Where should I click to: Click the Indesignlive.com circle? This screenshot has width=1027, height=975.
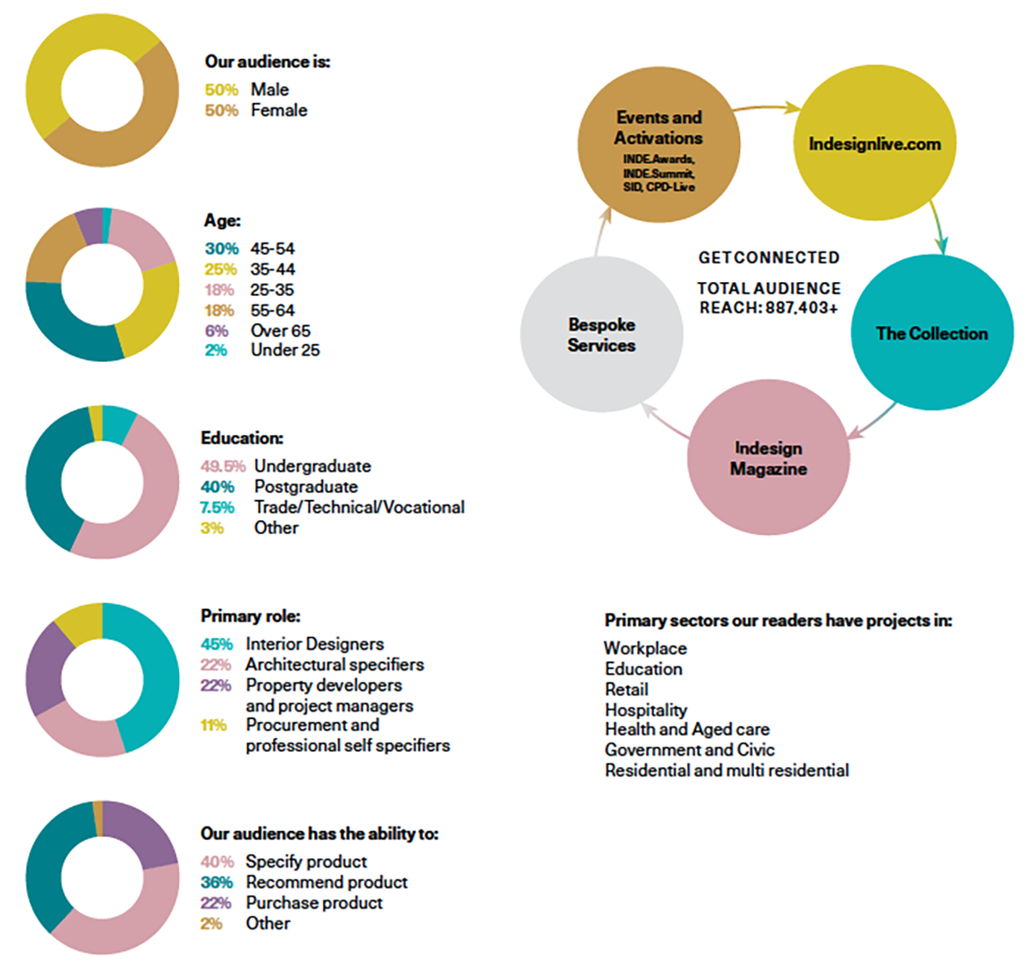pyautogui.click(x=874, y=144)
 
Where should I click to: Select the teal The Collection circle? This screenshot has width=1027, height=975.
pyautogui.click(x=931, y=333)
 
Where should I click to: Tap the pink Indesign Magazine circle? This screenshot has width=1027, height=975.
pyautogui.click(x=768, y=459)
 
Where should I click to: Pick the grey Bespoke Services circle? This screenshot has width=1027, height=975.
pyautogui.click(x=601, y=335)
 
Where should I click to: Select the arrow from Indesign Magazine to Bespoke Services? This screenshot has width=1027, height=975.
pyautogui.click(x=664, y=422)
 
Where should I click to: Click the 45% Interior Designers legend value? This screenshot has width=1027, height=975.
pyautogui.click(x=216, y=644)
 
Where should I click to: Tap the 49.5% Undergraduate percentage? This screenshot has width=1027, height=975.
pyautogui.click(x=222, y=466)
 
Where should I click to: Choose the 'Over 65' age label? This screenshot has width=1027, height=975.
pyautogui.click(x=280, y=331)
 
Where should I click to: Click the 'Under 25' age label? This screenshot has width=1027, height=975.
pyautogui.click(x=285, y=350)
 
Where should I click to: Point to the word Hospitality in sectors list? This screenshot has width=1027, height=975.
pyautogui.click(x=645, y=710)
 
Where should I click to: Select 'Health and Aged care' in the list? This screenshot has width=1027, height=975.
pyautogui.click(x=686, y=729)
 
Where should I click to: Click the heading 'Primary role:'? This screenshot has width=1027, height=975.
pyautogui.click(x=250, y=616)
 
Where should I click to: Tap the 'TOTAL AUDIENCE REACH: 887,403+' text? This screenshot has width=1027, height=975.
pyautogui.click(x=768, y=298)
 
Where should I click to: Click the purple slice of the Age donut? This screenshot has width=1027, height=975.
pyautogui.click(x=89, y=225)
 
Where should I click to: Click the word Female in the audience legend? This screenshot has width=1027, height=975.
pyautogui.click(x=279, y=111)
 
